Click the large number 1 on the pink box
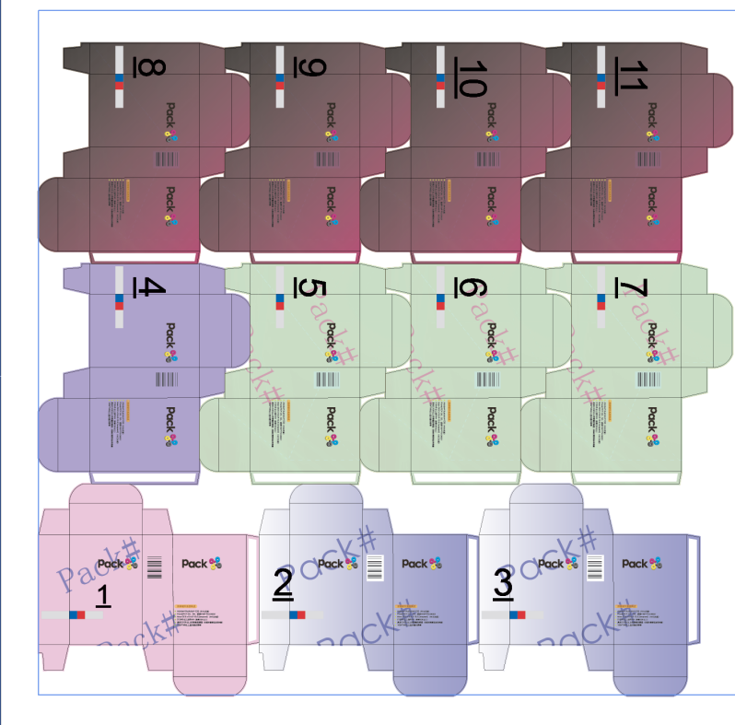tap(103, 597)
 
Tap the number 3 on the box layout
tap(503, 583)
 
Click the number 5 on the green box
tap(311, 288)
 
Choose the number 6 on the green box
tap(471, 288)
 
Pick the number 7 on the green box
tap(633, 287)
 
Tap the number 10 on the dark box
tap(471, 77)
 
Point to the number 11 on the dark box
tap(633, 75)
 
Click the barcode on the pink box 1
tap(154, 566)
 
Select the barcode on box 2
tap(376, 567)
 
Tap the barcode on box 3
tap(596, 567)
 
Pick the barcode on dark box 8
tap(167, 159)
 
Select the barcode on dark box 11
tap(649, 159)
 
